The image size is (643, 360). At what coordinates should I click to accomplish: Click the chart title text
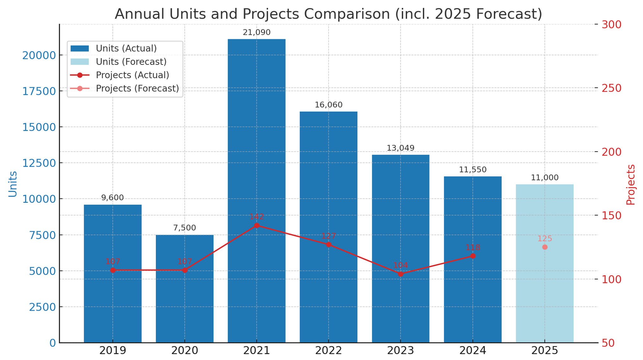click(x=328, y=14)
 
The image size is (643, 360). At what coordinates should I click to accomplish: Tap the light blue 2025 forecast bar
click(x=544, y=285)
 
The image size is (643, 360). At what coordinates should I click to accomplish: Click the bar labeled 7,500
click(x=184, y=301)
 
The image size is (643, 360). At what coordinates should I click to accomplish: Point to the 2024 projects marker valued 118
click(x=473, y=256)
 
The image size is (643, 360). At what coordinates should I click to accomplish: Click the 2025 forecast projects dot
click(x=545, y=247)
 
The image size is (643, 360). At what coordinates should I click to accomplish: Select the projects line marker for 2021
click(x=257, y=226)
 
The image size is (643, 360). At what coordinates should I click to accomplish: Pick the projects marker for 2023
click(x=400, y=274)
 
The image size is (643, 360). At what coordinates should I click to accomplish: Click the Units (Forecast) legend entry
click(x=131, y=62)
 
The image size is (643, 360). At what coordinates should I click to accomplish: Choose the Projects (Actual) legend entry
click(x=132, y=75)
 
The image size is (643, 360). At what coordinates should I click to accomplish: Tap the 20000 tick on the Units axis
click(x=39, y=55)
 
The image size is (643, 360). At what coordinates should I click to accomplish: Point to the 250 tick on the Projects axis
click(x=611, y=88)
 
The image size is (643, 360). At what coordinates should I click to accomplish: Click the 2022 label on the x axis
click(x=328, y=351)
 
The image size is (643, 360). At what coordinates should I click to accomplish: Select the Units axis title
click(x=13, y=184)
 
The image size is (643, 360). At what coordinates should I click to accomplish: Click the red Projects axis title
click(x=631, y=185)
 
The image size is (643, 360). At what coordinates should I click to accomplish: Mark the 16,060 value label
click(x=328, y=105)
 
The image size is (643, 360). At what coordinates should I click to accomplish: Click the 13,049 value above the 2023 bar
click(x=400, y=148)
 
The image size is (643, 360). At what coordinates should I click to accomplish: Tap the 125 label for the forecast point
click(x=545, y=239)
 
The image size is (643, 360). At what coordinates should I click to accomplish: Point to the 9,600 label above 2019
click(x=112, y=198)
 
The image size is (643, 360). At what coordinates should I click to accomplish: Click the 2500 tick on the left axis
click(x=42, y=307)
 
